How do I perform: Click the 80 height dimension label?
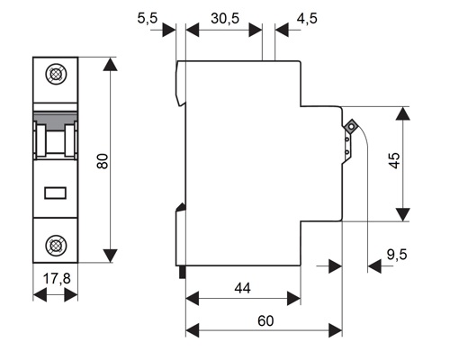tap(103, 161)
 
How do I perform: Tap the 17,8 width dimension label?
tap(57, 279)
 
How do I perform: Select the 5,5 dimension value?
tap(148, 18)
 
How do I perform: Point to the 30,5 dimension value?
tap(225, 18)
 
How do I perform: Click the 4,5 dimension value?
tap(307, 18)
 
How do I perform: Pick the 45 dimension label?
tap(394, 160)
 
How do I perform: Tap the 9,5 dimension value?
tap(397, 255)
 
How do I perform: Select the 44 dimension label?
tap(242, 288)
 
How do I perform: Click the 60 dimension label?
tap(265, 321)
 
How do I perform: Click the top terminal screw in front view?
tap(56, 74)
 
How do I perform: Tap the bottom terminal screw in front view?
tap(56, 246)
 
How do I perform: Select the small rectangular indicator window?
tap(56, 193)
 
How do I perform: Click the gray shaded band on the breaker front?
tap(56, 120)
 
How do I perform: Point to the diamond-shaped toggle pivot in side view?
tap(350, 126)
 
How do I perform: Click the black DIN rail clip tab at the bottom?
tap(182, 273)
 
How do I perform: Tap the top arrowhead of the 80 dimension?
tap(110, 64)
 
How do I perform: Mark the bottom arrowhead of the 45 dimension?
tap(403, 214)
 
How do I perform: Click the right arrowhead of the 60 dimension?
tap(336, 330)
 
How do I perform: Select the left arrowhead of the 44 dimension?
tap(193, 299)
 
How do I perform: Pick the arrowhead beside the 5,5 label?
tap(169, 30)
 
